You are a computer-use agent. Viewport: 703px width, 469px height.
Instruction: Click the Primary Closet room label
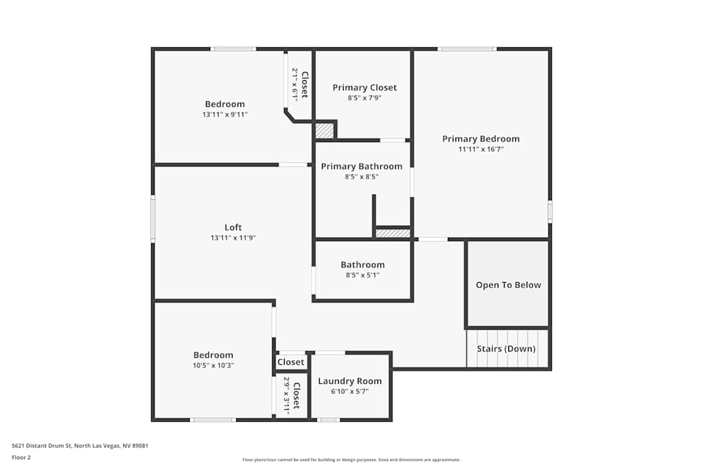click(x=364, y=88)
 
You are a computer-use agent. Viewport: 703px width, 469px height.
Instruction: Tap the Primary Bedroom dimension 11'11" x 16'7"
click(x=481, y=149)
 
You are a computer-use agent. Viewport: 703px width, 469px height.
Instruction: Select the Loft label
click(x=233, y=227)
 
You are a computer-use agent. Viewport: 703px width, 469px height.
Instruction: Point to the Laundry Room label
click(x=349, y=381)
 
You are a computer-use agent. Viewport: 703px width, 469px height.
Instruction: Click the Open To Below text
click(x=508, y=285)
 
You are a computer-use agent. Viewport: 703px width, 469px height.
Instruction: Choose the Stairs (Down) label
click(x=506, y=349)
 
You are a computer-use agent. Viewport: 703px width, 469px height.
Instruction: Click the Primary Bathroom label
click(x=361, y=167)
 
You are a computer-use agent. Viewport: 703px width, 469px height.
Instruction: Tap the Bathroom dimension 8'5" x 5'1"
click(x=363, y=276)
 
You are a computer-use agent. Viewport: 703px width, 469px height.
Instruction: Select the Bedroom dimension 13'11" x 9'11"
click(x=225, y=114)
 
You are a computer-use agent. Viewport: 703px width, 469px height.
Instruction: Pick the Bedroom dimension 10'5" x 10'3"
click(x=213, y=366)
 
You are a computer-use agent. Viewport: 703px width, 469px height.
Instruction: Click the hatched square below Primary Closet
click(x=324, y=131)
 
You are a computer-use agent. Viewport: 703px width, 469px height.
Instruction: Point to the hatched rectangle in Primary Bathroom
click(x=393, y=233)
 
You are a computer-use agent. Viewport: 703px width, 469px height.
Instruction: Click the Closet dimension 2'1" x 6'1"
click(x=295, y=85)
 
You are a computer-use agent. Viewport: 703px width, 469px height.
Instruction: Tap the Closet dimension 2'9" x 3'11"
click(x=287, y=395)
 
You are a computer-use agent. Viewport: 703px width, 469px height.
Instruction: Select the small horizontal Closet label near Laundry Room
click(x=291, y=362)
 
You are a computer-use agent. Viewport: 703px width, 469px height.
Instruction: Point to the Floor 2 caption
click(x=21, y=457)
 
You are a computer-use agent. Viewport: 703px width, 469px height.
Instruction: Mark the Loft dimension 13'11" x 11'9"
click(x=233, y=238)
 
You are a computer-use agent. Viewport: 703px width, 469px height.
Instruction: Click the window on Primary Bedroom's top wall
click(x=467, y=49)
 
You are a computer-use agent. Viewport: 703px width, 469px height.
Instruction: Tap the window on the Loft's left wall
click(x=153, y=219)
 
